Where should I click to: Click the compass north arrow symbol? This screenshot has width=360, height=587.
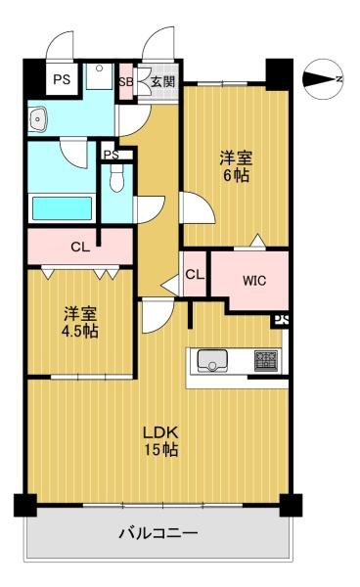click(x=323, y=79)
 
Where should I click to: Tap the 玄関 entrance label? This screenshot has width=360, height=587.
click(x=162, y=81)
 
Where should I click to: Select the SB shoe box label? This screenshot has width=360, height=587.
click(x=126, y=82)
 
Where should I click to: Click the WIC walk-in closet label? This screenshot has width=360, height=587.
click(x=254, y=281)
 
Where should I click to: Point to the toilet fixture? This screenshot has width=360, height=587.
click(x=117, y=178)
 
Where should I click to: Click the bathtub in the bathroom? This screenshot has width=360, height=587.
click(x=63, y=208)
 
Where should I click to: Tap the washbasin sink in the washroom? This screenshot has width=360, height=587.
click(x=37, y=118)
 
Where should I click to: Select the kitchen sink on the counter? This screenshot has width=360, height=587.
click(x=212, y=361)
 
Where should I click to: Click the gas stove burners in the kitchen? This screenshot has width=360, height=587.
click(x=266, y=360)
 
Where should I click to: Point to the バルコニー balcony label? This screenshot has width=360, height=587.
click(x=158, y=533)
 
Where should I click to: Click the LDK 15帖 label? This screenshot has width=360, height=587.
click(x=161, y=441)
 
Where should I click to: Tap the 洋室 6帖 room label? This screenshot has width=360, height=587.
click(x=236, y=166)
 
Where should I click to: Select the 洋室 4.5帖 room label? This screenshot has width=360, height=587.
click(x=80, y=322)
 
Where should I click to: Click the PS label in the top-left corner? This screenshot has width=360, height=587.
click(x=62, y=79)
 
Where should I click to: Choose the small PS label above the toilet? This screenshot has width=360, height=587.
click(x=112, y=155)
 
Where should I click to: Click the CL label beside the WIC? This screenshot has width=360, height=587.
click(x=195, y=275)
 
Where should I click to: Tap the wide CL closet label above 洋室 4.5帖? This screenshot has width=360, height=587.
click(x=80, y=247)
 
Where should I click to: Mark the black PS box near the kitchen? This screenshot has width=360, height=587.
click(x=282, y=321)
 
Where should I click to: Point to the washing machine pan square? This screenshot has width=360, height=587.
click(x=100, y=76)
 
